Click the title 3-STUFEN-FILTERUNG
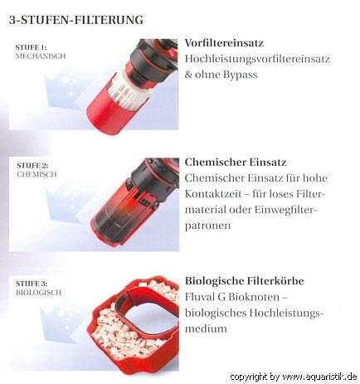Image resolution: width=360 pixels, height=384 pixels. pyautogui.click(x=76, y=20)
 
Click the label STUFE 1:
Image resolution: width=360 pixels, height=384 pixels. pyautogui.click(x=32, y=47)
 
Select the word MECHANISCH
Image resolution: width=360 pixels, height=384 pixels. pyautogui.click(x=41, y=56)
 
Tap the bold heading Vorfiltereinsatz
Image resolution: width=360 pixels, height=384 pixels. pyautogui.click(x=224, y=43)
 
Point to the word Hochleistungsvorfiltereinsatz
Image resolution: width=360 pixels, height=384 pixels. pyautogui.click(x=257, y=59)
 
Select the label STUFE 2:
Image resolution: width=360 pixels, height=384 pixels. pyautogui.click(x=32, y=165)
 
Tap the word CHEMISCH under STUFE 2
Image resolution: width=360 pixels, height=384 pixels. pyautogui.click(x=36, y=174)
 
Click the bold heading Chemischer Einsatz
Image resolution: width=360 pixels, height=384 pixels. pyautogui.click(x=236, y=162)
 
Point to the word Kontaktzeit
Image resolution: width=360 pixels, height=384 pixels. pyautogui.click(x=213, y=194)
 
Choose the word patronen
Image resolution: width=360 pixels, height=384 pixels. pyautogui.click(x=207, y=226)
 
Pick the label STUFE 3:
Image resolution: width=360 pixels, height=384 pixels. pyautogui.click(x=32, y=284)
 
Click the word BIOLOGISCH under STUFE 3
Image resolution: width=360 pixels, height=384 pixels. pyautogui.click(x=39, y=293)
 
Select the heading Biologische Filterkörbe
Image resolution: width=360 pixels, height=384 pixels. pyautogui.click(x=245, y=281)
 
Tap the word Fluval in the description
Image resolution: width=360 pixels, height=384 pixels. pyautogui.click(x=200, y=297)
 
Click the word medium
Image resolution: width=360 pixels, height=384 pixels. pyautogui.click(x=206, y=328)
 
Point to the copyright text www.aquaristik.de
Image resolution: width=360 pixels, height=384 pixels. pyautogui.click(x=318, y=377)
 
